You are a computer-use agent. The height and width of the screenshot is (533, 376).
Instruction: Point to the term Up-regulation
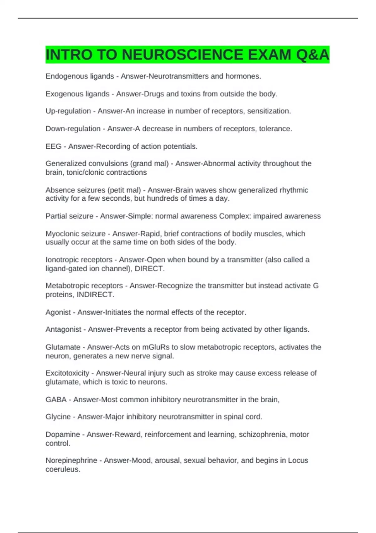[x=68, y=111]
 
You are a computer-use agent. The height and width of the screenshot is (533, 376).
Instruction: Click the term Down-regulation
[x=73, y=129]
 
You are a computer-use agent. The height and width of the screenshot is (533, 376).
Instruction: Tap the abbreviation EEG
[x=53, y=146]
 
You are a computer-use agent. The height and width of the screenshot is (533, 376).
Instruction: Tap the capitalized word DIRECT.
[x=149, y=269]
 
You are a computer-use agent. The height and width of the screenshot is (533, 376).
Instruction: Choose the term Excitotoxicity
[x=67, y=373]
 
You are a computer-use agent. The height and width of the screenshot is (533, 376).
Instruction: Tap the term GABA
[x=56, y=400]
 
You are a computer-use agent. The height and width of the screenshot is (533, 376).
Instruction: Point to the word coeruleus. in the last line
[x=63, y=469]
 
